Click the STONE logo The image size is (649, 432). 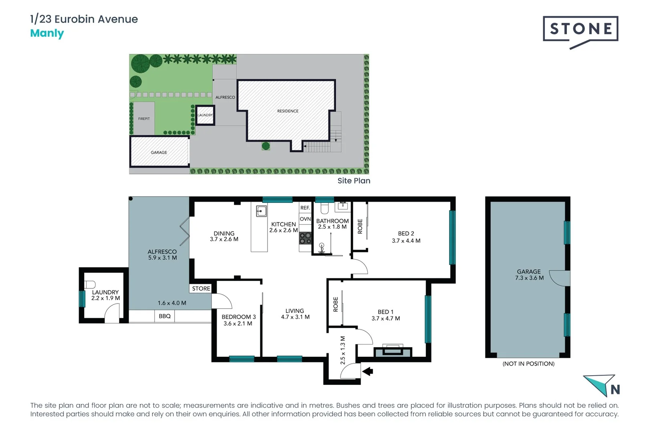[x=580, y=29]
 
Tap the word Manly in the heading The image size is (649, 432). [x=47, y=33]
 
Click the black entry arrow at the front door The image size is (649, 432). [x=367, y=372]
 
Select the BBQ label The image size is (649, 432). [x=165, y=316]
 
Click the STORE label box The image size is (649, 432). [x=201, y=288]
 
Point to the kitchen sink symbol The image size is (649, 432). [x=261, y=211]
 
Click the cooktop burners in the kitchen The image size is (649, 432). [x=305, y=238]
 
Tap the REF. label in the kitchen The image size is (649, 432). [x=305, y=208]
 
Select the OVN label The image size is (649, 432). [x=305, y=219]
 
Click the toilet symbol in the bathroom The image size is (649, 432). [x=324, y=208]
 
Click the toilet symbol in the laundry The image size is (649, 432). [x=90, y=284]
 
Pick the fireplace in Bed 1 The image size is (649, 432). [x=392, y=351]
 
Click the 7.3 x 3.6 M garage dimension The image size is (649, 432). [x=529, y=278]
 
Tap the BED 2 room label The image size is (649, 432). [x=406, y=234]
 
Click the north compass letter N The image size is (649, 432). [x=615, y=389]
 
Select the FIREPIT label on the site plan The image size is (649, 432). [x=144, y=119]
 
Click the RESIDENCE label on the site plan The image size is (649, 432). [x=288, y=111]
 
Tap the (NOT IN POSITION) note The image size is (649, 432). [x=528, y=364]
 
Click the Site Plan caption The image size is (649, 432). [x=354, y=181]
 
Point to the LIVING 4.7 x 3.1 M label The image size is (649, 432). [x=295, y=314]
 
